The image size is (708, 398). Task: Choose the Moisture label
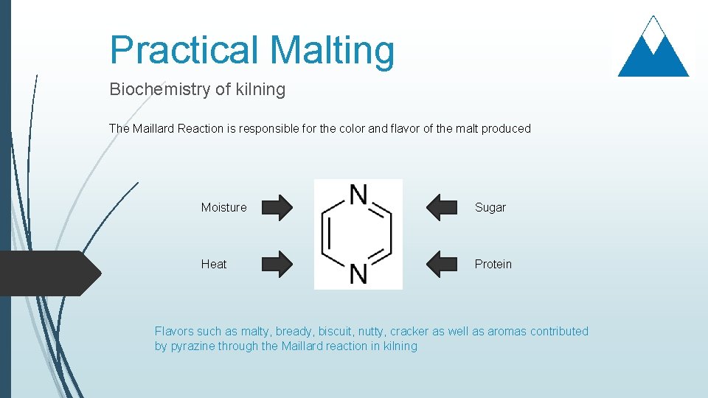(223, 208)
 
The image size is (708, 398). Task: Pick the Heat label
(214, 264)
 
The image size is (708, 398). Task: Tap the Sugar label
(490, 208)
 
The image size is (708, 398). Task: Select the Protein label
(493, 264)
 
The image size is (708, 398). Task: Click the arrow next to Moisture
(277, 207)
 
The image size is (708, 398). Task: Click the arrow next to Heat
(277, 264)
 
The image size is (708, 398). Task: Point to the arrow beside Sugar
(442, 207)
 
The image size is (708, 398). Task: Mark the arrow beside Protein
(442, 264)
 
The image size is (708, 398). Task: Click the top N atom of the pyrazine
(358, 195)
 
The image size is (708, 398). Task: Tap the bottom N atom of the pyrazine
(358, 273)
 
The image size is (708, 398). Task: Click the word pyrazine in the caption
(192, 346)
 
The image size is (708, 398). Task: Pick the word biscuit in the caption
(335, 332)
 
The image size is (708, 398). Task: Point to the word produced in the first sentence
(506, 128)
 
